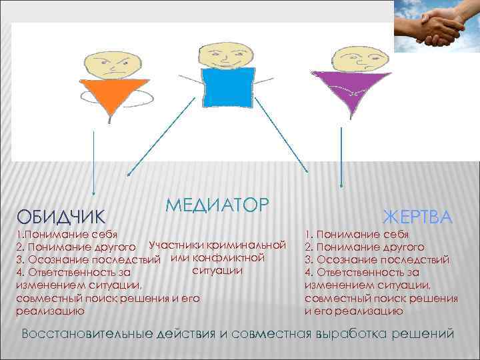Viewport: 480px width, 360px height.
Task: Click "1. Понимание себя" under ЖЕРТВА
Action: click(357, 235)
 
